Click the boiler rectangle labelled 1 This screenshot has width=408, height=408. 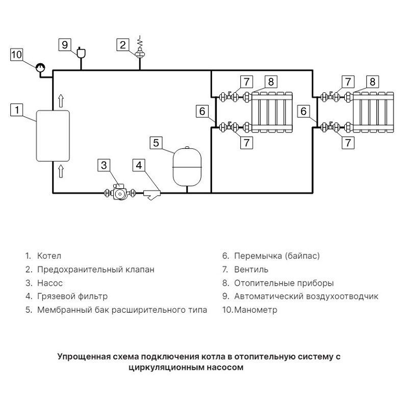(x=52, y=135)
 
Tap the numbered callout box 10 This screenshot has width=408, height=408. (x=17, y=55)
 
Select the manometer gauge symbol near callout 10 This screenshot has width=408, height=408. (x=39, y=66)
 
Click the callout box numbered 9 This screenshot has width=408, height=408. (x=65, y=44)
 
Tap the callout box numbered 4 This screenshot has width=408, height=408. (x=139, y=165)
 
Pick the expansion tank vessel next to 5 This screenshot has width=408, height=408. (x=187, y=166)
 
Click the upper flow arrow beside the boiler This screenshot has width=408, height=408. (x=61, y=100)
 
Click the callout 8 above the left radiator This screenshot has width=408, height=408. (x=270, y=82)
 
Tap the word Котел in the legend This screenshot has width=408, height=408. (x=49, y=256)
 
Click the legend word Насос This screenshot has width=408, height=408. (x=50, y=283)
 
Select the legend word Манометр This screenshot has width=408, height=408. (x=256, y=310)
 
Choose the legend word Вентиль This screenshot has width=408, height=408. (x=251, y=269)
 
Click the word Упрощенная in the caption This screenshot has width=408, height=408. (x=82, y=356)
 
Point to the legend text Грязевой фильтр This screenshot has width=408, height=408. (x=72, y=296)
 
